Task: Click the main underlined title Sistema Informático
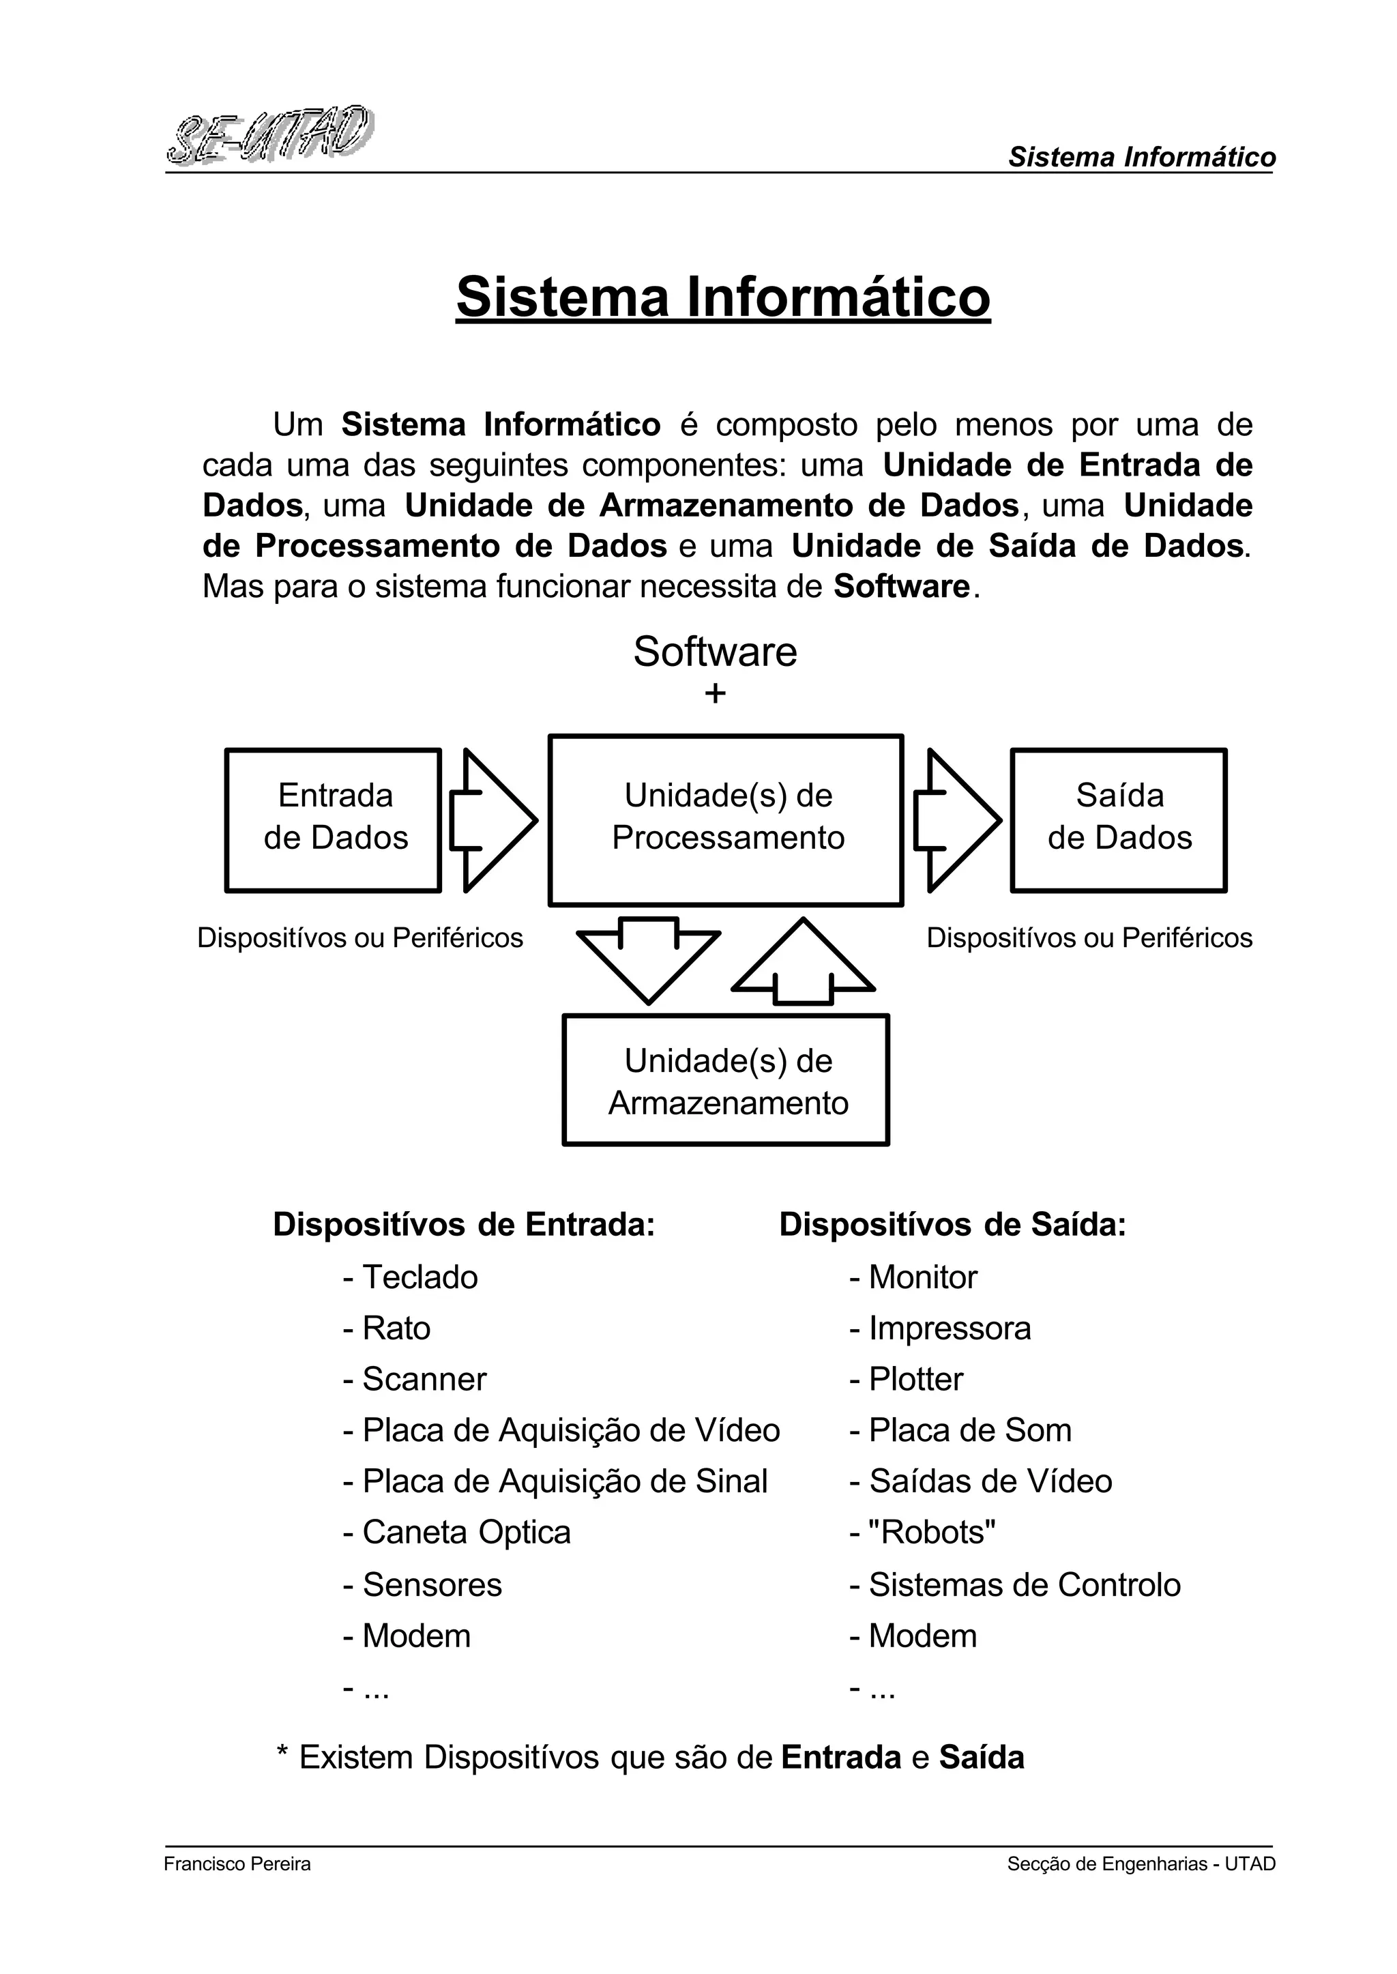coord(722,297)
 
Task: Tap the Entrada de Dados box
coord(334,819)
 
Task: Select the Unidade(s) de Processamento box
coord(726,819)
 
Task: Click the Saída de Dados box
coord(1118,819)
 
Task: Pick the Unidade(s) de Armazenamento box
coord(726,1080)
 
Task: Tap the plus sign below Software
coord(715,693)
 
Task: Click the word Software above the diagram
coord(715,652)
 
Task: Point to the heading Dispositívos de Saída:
coord(952,1225)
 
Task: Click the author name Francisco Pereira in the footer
coord(237,1864)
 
